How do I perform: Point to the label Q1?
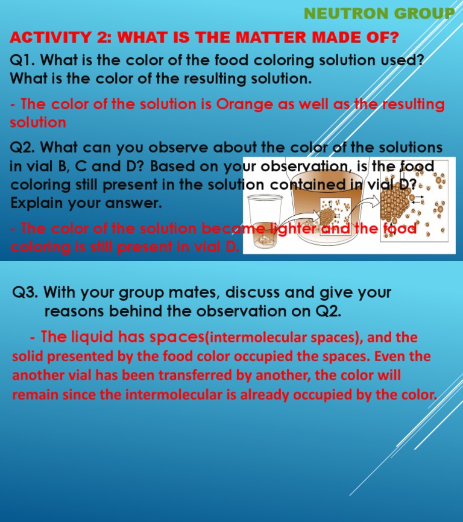click(22, 60)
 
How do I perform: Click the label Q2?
click(22, 147)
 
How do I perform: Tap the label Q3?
click(26, 293)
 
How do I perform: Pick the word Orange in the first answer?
click(241, 104)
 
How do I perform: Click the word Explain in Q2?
click(35, 203)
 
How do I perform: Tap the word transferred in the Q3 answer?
click(189, 375)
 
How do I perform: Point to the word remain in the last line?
click(34, 395)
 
